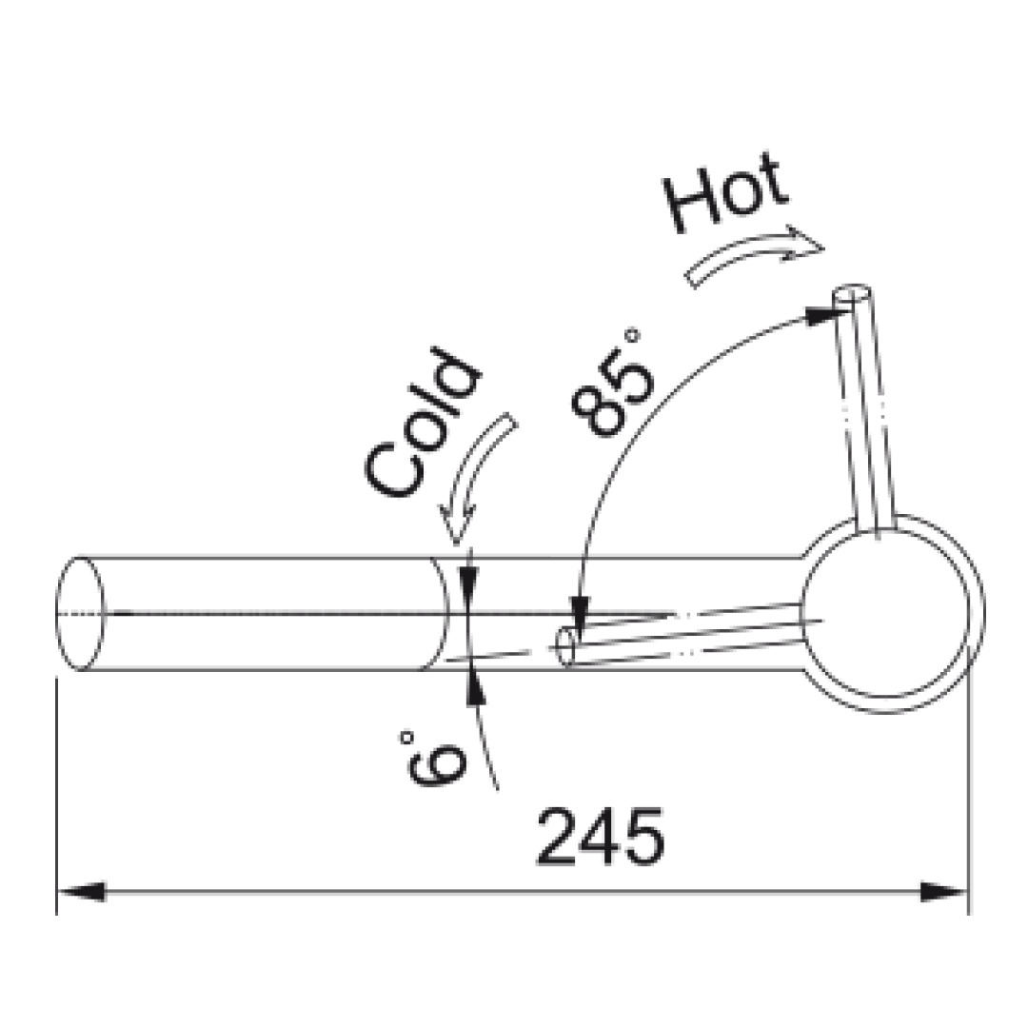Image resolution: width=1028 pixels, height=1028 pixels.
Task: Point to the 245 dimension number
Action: point(601,837)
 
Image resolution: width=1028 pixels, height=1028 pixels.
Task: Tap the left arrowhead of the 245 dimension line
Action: point(81,892)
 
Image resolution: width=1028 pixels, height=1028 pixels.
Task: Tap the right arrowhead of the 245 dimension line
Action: point(944,892)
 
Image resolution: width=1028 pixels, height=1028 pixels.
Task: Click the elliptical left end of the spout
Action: point(81,614)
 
